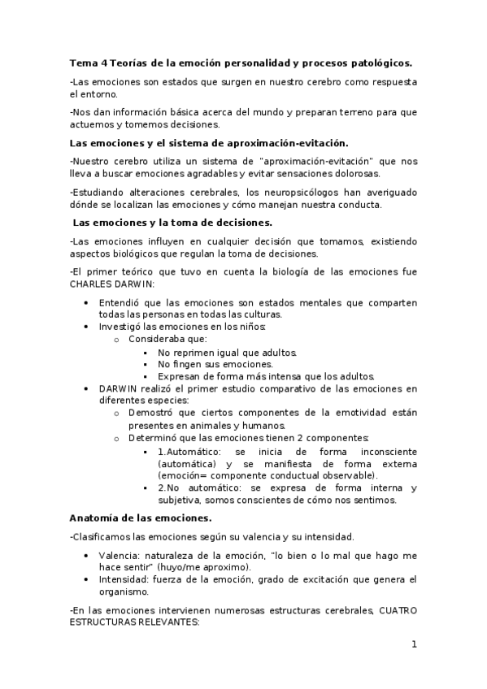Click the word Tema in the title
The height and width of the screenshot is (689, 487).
[82, 63]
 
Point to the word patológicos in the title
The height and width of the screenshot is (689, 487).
[382, 63]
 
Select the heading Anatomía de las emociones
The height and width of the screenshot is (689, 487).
[141, 518]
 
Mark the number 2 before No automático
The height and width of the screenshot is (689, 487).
[160, 487]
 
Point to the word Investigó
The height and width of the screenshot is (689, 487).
[122, 327]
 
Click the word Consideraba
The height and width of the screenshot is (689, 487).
[156, 339]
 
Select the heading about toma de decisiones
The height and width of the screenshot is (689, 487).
[172, 222]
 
